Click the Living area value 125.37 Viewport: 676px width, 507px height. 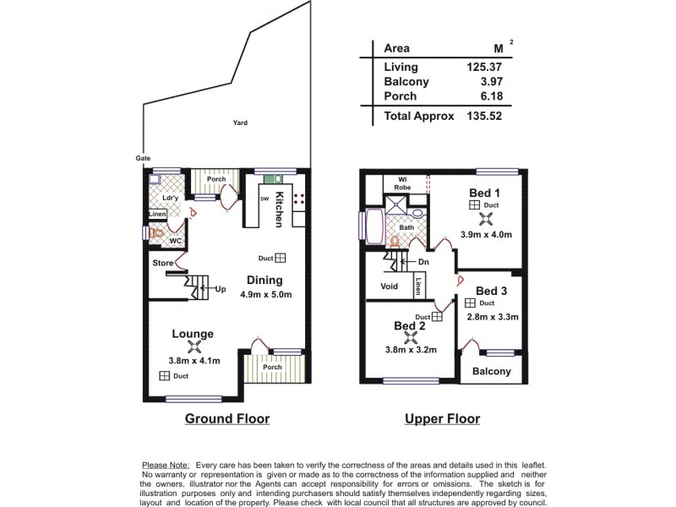click(484, 67)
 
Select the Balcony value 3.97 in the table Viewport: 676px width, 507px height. click(489, 82)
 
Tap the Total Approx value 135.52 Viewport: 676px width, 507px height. click(484, 117)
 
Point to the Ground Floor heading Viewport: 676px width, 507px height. click(227, 418)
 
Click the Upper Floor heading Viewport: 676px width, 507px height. click(442, 418)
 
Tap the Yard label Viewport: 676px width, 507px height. click(240, 123)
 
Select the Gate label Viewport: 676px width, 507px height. click(143, 158)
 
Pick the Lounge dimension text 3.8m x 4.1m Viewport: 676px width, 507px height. click(194, 361)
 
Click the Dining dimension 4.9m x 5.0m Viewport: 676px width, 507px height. click(265, 295)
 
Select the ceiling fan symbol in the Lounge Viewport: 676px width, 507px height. click(195, 346)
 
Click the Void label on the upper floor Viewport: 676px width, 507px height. click(389, 286)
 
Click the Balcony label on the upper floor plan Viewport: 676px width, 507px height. click(491, 371)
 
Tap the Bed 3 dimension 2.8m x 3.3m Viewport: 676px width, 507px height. click(492, 317)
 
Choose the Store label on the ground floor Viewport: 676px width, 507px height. click(162, 264)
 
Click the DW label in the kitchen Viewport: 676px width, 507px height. click(263, 199)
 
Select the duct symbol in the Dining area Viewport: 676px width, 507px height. click(281, 259)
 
